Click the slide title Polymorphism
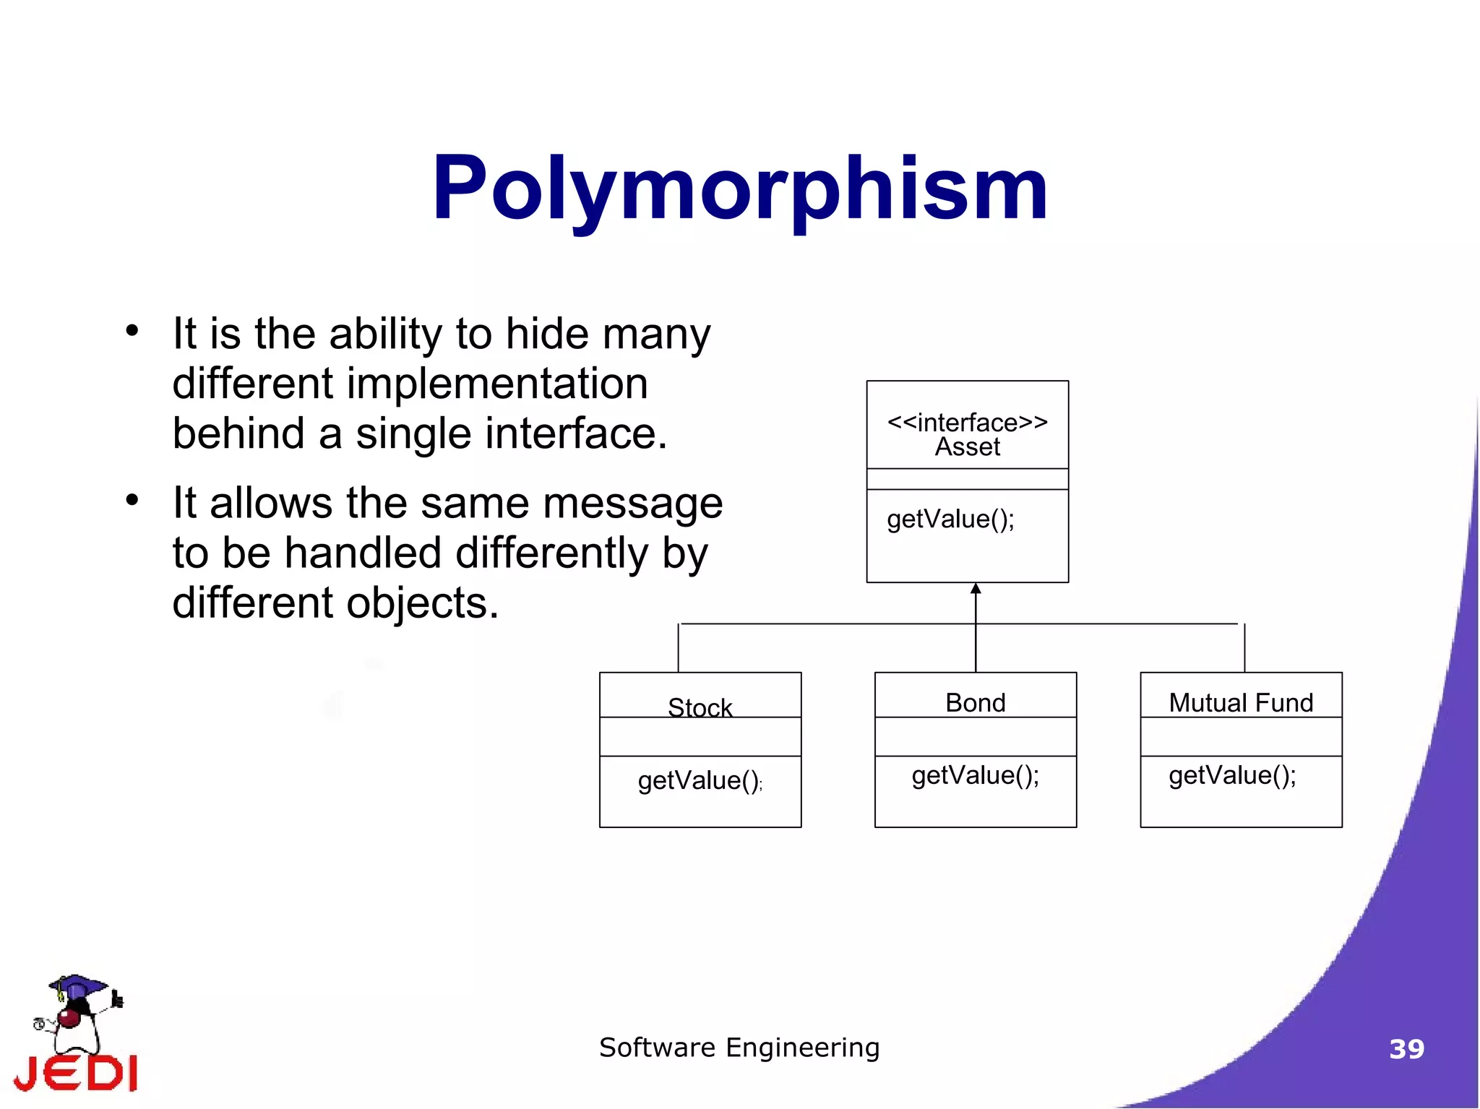739,189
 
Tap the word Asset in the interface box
967,447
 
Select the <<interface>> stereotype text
967,422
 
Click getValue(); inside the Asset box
950,519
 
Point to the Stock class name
700,707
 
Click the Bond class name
975,702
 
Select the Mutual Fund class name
1240,702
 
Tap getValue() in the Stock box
698,781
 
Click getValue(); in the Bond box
975,776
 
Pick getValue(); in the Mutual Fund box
1232,776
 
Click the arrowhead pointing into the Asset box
976,589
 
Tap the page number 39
1406,1049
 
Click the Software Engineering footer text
739,1048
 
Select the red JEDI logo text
76,1073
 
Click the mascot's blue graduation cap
77,985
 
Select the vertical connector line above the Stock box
678,648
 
